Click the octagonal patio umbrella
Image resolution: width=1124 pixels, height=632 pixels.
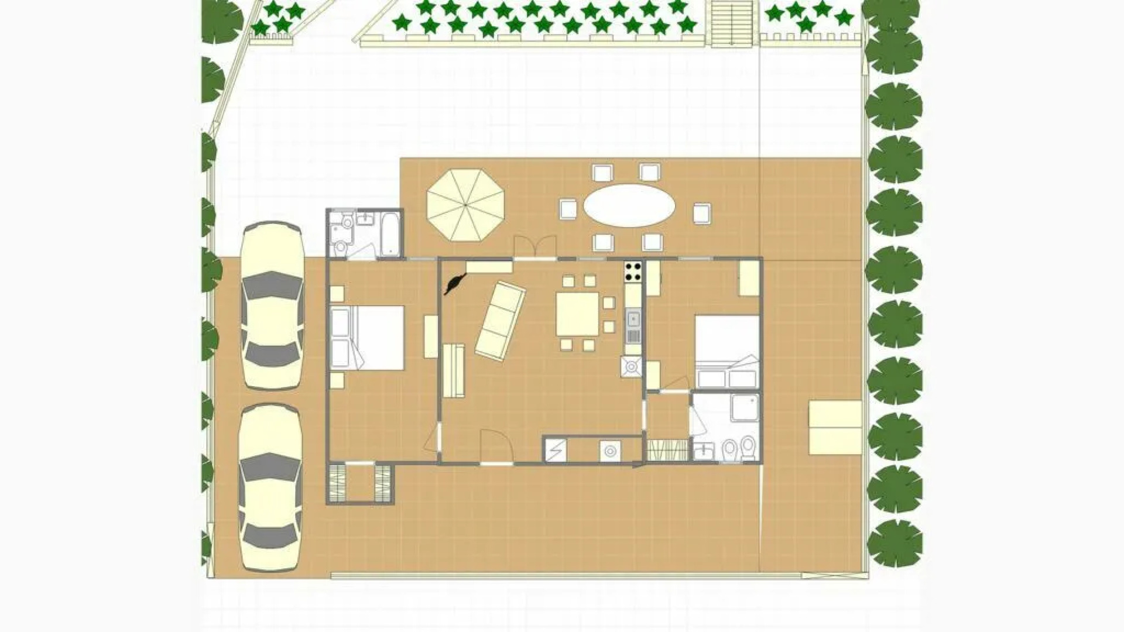[x=465, y=205]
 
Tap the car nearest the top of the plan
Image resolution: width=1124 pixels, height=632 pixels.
[x=272, y=305]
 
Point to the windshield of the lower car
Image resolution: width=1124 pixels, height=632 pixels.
[x=271, y=468]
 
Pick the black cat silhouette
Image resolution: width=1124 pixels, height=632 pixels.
[x=455, y=284]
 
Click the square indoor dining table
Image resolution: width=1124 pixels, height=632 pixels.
[x=577, y=314]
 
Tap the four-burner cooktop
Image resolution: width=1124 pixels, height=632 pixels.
[x=633, y=271]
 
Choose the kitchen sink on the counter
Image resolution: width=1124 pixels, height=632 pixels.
[x=633, y=319]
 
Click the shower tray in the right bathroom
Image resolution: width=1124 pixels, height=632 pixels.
[x=745, y=407]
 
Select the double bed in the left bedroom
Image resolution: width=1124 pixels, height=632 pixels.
[x=368, y=338]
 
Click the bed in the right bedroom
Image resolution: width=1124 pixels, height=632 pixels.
[x=727, y=351]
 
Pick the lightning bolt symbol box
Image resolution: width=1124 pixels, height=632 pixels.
[x=556, y=450]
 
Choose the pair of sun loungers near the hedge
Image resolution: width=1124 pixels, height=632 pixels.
[x=835, y=427]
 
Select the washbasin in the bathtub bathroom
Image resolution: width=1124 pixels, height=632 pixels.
[x=365, y=219]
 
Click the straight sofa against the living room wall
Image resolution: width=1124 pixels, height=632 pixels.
[x=454, y=370]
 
